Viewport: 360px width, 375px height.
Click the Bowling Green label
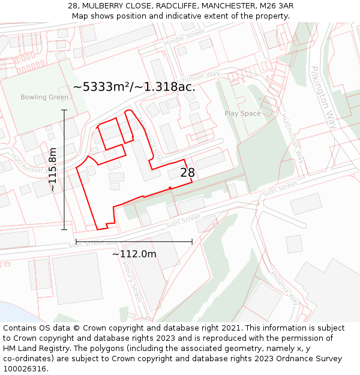tap(44, 97)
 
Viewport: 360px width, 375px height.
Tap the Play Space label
tap(242, 113)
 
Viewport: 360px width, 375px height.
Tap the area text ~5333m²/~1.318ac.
tap(134, 87)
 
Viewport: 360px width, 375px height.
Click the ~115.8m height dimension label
tap(53, 169)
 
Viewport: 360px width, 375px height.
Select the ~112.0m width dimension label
tap(134, 254)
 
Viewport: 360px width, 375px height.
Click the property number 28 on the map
tap(188, 173)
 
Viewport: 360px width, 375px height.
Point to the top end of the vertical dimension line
tap(64, 110)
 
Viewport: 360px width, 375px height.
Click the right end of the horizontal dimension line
tap(192, 242)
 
